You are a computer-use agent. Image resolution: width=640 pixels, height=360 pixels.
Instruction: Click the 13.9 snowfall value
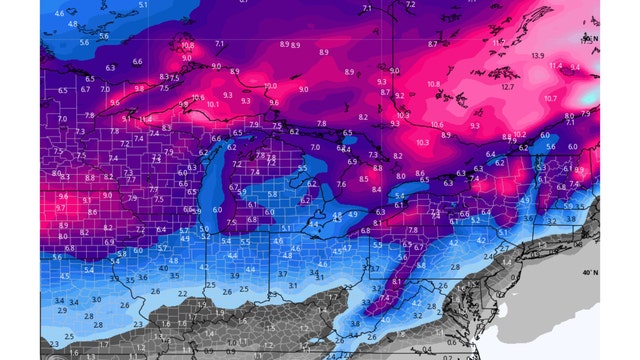tap(538, 56)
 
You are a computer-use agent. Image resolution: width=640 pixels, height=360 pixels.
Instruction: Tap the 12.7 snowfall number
tap(508, 87)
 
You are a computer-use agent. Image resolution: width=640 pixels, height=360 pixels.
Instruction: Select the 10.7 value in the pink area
tap(550, 99)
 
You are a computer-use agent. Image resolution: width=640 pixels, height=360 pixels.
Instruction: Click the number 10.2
tap(519, 134)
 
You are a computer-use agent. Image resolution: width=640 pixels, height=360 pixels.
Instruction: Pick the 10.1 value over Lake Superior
tap(213, 103)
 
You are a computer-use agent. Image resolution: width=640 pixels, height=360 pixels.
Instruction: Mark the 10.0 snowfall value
tap(270, 87)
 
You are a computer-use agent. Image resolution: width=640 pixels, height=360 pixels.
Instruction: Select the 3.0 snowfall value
tap(96, 299)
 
